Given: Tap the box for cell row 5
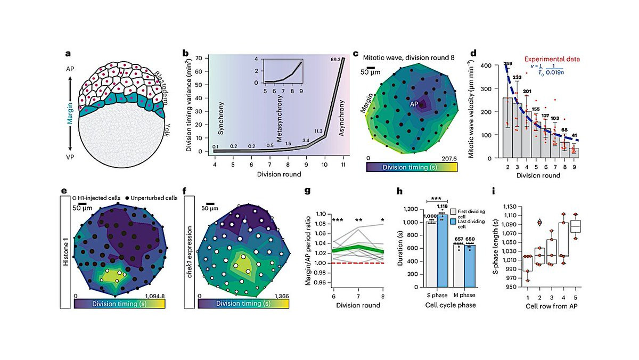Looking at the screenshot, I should click(x=575, y=226).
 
